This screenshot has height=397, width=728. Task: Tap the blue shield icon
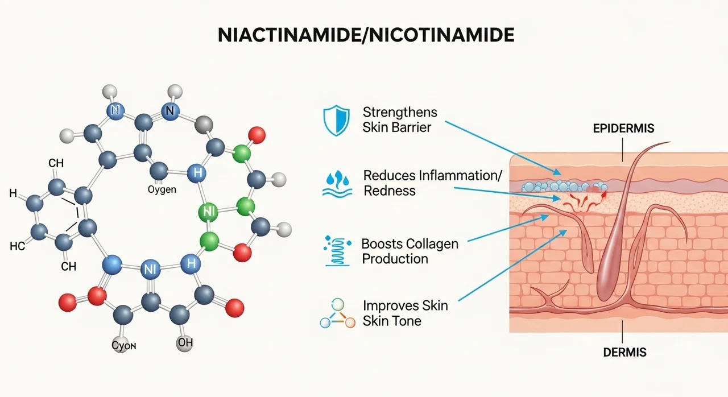point(336,120)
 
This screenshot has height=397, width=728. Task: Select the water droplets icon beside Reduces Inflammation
point(337,183)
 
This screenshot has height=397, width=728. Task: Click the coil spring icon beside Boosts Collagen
point(337,251)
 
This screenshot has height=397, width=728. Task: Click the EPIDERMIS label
point(623,129)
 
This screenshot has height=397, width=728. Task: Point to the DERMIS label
point(624,353)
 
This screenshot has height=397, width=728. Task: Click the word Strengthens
point(400,113)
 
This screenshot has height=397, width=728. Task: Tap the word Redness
point(390,191)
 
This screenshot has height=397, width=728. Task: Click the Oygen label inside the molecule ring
point(162,189)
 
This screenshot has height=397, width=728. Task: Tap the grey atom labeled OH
point(185,342)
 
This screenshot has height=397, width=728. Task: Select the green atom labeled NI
point(208,212)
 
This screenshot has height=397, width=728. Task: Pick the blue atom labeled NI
point(150,270)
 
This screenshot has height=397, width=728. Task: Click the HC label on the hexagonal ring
point(17,246)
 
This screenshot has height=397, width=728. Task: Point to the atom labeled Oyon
point(123,345)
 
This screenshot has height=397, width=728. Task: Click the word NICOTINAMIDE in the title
point(441,35)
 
